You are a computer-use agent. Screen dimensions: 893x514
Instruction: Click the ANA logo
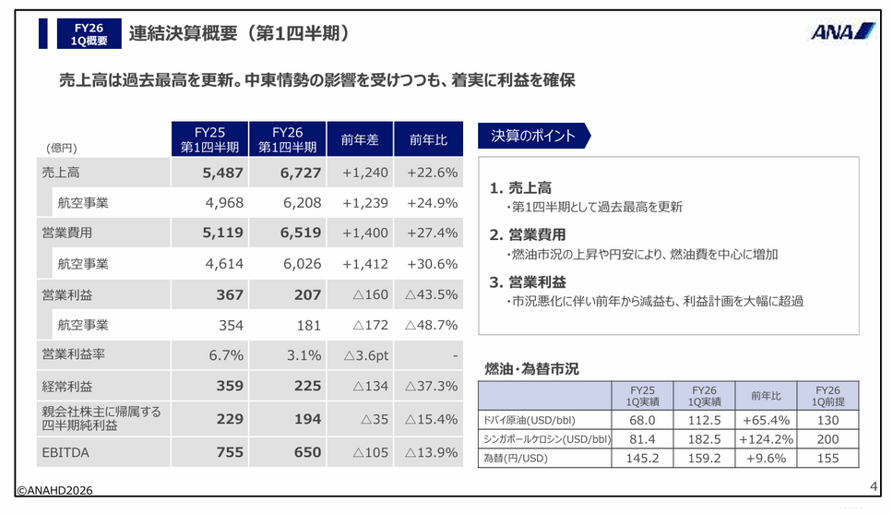(843, 31)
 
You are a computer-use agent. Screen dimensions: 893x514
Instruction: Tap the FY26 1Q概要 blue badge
(89, 33)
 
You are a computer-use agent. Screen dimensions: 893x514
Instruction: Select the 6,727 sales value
(301, 173)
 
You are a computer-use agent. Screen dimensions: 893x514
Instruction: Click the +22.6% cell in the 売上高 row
(433, 173)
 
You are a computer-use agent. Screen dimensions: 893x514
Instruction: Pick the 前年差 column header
(360, 139)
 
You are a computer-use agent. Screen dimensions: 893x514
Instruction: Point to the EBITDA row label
(65, 452)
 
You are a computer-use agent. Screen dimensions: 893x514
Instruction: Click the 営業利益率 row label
(74, 354)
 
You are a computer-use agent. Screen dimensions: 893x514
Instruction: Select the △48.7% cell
(431, 325)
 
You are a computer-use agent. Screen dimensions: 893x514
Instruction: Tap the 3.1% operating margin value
(304, 355)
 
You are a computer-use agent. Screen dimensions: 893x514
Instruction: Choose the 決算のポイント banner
(534, 136)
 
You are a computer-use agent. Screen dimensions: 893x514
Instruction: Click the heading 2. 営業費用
(528, 234)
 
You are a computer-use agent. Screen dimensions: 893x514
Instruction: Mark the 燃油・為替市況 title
(531, 369)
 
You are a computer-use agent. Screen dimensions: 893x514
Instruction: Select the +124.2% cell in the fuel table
(766, 439)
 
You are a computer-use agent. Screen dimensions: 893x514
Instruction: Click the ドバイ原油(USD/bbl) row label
(530, 421)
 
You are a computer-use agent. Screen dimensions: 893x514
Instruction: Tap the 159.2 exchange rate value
(704, 458)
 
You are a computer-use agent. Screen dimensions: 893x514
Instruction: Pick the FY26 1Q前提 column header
(828, 396)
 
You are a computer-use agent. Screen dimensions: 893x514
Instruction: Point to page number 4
(874, 486)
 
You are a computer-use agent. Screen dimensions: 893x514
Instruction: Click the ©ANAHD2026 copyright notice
(54, 490)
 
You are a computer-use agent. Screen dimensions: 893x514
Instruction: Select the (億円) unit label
(62, 149)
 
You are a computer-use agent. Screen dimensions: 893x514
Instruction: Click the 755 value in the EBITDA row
(230, 452)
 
